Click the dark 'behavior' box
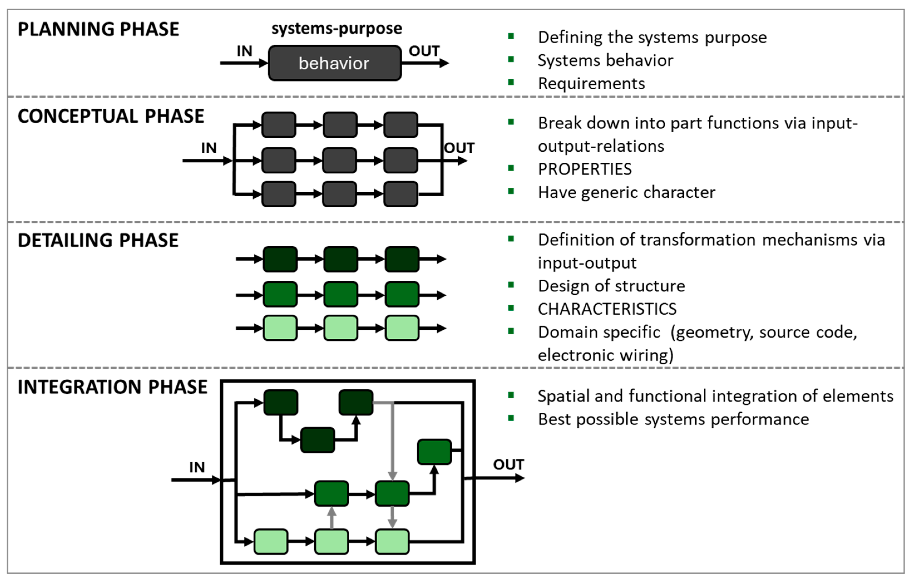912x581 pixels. tap(334, 63)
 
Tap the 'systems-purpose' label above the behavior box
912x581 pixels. tap(336, 28)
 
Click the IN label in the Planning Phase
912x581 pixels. tap(244, 51)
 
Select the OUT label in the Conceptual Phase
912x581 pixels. tap(459, 148)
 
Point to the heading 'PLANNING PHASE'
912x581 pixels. tap(98, 29)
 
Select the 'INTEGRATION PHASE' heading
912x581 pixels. tap(112, 387)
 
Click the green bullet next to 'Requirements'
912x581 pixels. tap(511, 82)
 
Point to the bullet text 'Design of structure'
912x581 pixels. tap(611, 286)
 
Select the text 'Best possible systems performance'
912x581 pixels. tap(673, 419)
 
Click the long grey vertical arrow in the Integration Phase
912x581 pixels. tap(392, 440)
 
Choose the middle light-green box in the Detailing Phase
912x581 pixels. tap(340, 328)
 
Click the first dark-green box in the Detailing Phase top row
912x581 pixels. tap(280, 259)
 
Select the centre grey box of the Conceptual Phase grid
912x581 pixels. tap(339, 160)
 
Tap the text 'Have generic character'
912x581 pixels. tap(626, 193)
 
